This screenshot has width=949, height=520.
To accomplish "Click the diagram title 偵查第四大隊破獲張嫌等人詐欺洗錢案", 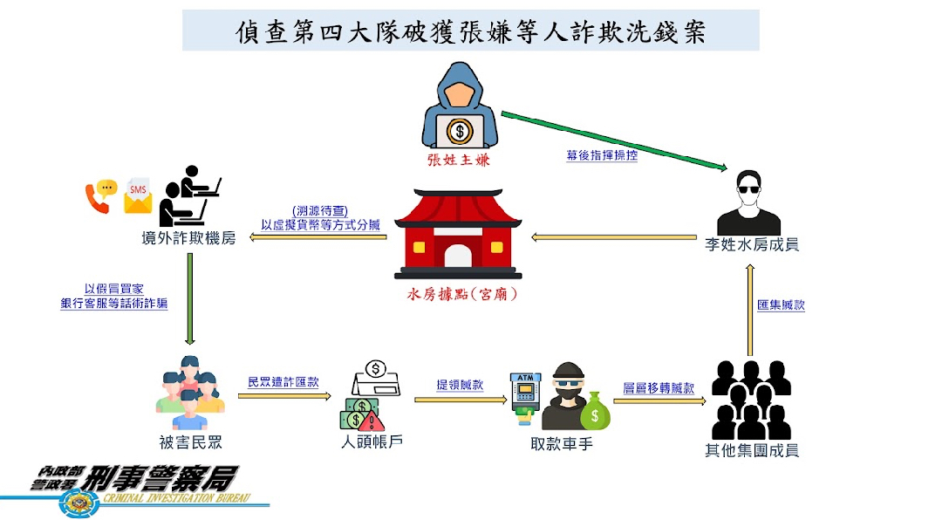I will [x=470, y=32].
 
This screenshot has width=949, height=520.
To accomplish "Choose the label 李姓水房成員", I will [x=752, y=246].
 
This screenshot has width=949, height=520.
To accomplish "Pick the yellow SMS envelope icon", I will [x=138, y=197].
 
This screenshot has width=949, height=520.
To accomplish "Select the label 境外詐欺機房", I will [x=188, y=238].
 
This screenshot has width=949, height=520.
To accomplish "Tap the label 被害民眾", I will [x=189, y=442].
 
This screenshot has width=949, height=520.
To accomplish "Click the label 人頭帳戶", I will [x=372, y=441].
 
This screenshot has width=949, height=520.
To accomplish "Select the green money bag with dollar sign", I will [x=597, y=410].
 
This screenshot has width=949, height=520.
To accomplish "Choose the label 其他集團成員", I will [x=752, y=450].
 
